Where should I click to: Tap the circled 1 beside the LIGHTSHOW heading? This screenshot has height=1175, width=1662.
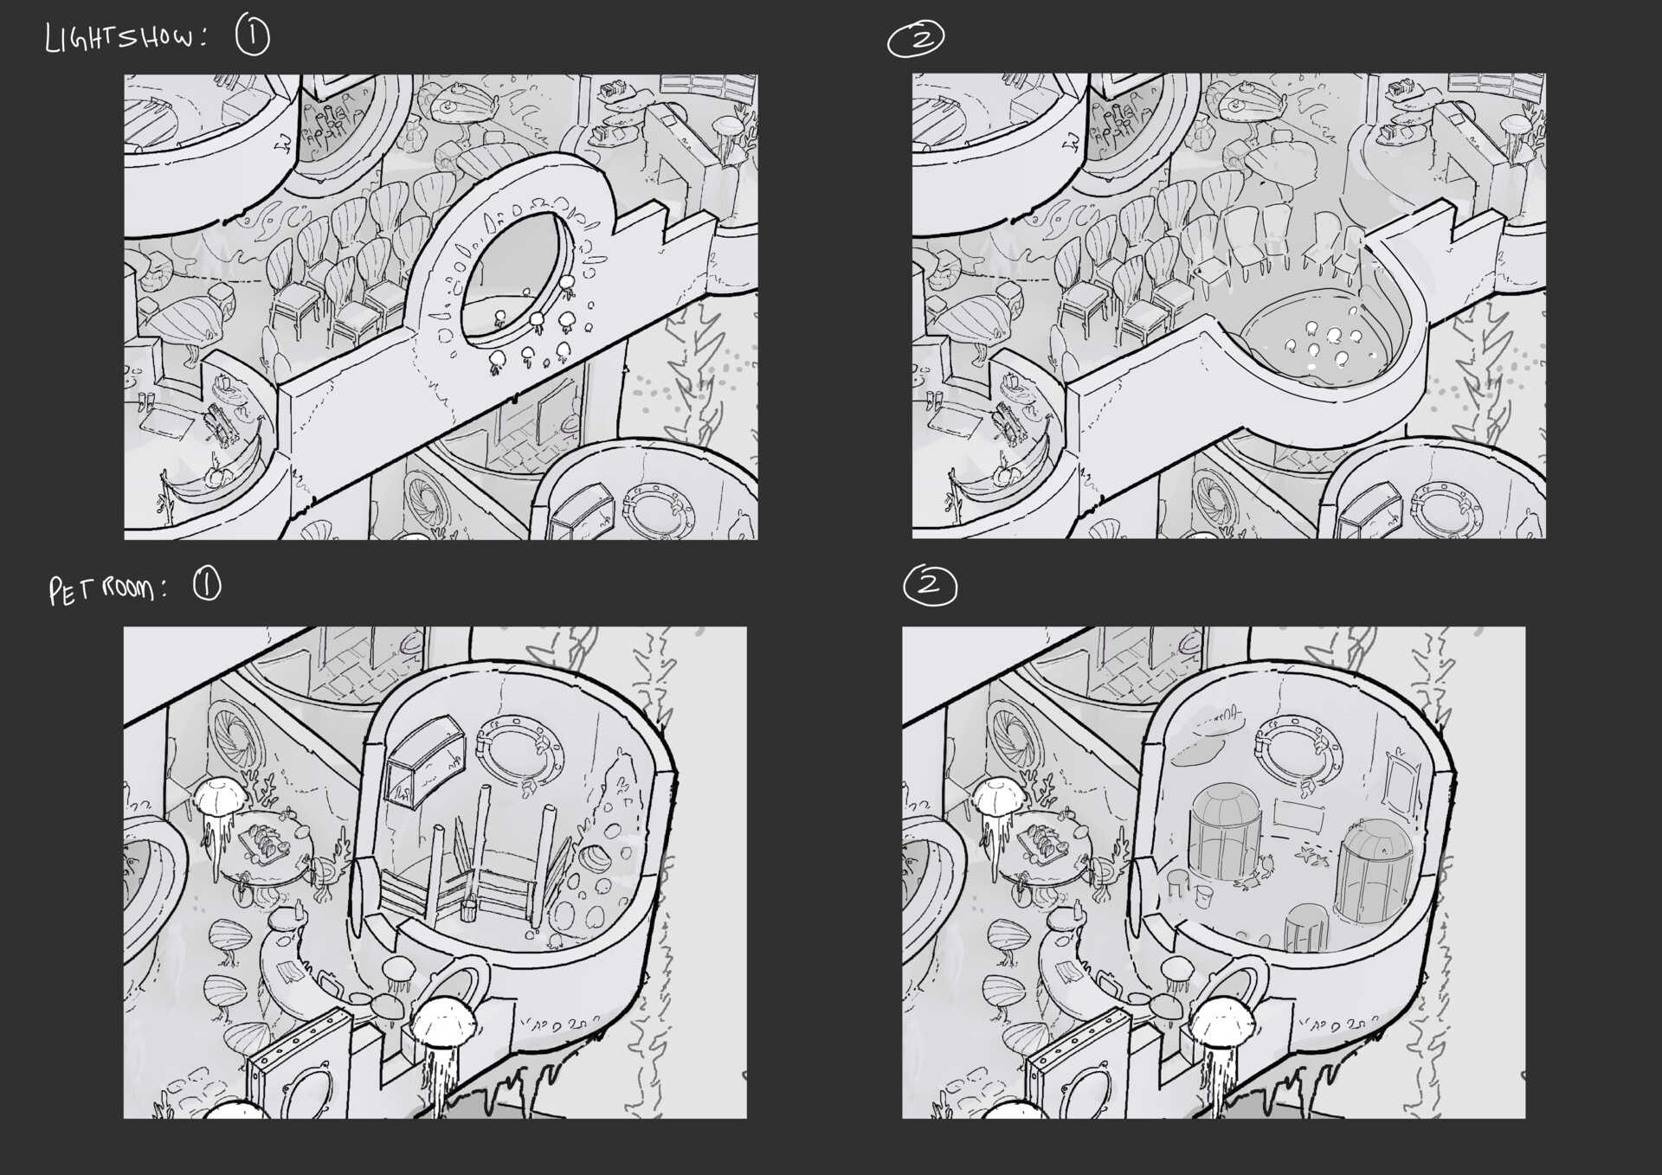253,37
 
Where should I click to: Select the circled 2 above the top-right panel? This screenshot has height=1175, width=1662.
916,40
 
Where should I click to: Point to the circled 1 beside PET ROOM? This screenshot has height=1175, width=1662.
207,586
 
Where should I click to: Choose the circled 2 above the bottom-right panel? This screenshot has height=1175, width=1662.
931,586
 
